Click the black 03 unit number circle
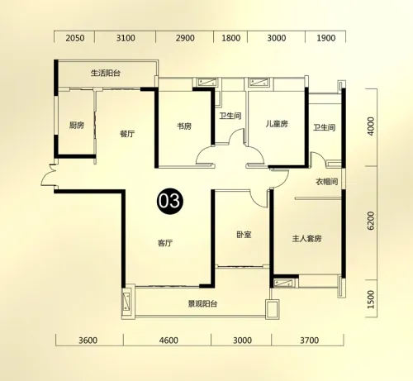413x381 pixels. pos(170,201)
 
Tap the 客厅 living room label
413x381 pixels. pos(165,243)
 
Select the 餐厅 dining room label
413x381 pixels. pos(127,134)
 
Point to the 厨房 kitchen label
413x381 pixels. pos(77,126)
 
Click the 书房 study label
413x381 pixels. pos(184,126)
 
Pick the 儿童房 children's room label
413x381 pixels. pos(277,124)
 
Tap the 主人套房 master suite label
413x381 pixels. pos(306,238)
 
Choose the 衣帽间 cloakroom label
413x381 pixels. pos(326,182)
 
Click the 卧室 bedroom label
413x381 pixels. pos(244,235)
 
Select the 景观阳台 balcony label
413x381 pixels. pos(202,303)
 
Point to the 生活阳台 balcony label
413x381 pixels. pos(106,73)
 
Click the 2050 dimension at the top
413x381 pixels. pos(75,38)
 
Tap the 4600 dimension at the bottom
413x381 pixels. pos(169,341)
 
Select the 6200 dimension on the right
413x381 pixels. pos(371,221)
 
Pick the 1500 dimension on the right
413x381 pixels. pos(371,299)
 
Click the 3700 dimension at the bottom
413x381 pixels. pos(309,341)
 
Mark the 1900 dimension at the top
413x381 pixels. pos(326,38)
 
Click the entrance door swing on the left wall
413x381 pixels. pos(49,175)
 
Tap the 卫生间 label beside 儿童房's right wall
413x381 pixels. pos(325,127)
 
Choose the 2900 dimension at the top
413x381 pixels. pos(185,38)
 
